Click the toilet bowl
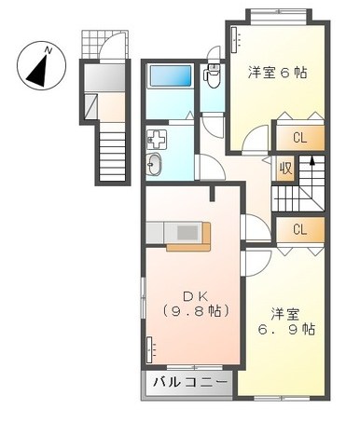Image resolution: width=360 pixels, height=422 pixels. pos(211,72)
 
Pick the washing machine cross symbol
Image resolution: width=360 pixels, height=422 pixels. pos(155,142)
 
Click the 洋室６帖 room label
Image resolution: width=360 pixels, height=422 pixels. pos(277,72)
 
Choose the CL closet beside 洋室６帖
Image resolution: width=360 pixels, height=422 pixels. pos(299,139)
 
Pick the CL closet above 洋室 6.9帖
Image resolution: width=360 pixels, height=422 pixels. pos(299,229)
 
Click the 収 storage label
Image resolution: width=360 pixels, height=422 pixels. pos(285,169)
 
